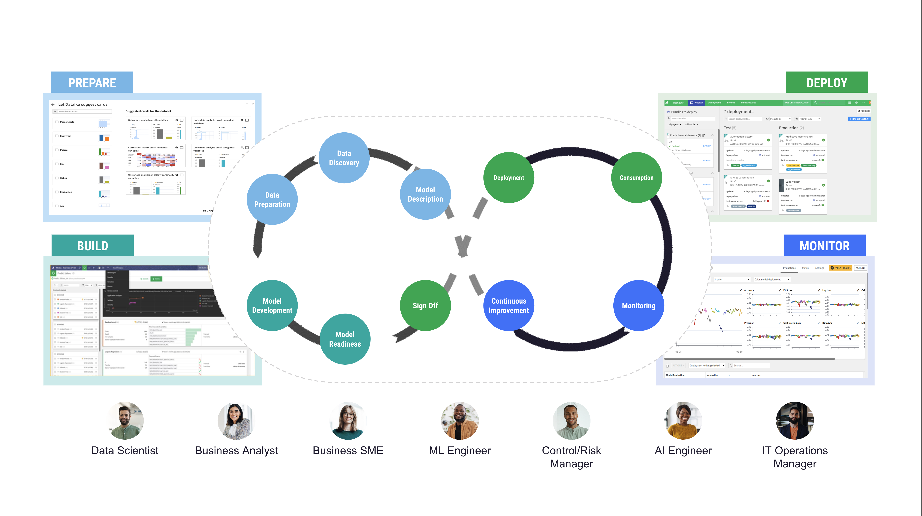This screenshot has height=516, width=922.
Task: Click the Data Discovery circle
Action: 344,158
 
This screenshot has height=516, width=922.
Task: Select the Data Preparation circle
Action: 272,199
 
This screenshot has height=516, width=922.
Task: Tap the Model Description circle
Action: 425,194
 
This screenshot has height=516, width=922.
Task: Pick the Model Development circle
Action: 272,305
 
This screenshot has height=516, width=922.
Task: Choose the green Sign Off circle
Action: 425,305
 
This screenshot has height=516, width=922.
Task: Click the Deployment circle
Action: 509,178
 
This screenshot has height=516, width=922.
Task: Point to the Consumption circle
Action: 636,178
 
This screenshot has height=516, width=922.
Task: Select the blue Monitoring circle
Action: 638,305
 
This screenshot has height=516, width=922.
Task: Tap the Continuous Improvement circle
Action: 509,305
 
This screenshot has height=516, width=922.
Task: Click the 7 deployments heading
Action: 738,112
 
